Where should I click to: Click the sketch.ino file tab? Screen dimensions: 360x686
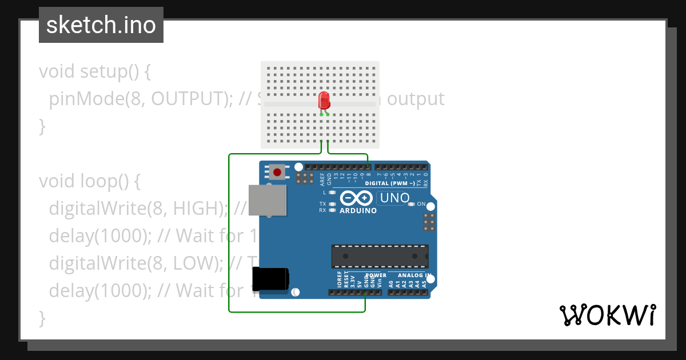[101, 25]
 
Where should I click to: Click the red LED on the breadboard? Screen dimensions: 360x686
[324, 101]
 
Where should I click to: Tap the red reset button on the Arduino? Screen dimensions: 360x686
[278, 171]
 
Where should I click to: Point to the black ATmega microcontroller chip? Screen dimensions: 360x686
[380, 256]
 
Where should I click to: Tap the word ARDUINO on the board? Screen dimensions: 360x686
[358, 211]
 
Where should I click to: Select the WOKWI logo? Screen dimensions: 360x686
[608, 315]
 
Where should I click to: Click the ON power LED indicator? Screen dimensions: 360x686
[411, 204]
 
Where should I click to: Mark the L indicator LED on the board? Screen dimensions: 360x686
[332, 193]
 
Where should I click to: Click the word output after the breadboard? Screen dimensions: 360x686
[416, 99]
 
